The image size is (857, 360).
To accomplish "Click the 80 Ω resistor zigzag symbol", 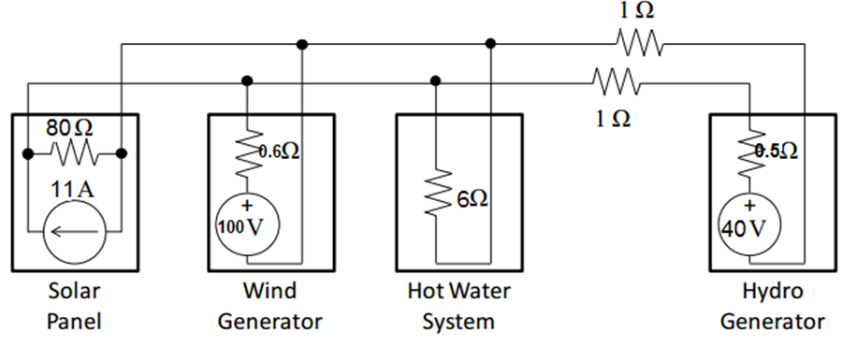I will pyautogui.click(x=74, y=152).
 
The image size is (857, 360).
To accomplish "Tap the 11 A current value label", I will pyautogui.click(x=74, y=188).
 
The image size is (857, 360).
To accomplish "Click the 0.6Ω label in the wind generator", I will pyautogui.click(x=280, y=152).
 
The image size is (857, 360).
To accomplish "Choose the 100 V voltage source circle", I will pyautogui.click(x=247, y=225).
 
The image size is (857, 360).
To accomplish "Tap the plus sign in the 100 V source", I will pyautogui.click(x=247, y=206).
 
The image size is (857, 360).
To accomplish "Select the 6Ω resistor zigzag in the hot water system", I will pyautogui.click(x=436, y=195).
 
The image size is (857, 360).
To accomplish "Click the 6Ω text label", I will pyautogui.click(x=473, y=198).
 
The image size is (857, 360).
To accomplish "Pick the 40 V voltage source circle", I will pyautogui.click(x=748, y=225).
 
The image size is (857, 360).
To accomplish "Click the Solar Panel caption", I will pyautogui.click(x=74, y=306).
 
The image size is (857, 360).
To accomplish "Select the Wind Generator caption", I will pyautogui.click(x=269, y=306).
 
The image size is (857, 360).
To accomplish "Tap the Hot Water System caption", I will pyautogui.click(x=458, y=306).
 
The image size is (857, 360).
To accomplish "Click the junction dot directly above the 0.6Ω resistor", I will pyautogui.click(x=247, y=80).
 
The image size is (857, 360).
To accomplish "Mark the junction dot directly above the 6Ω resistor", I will pyautogui.click(x=436, y=80).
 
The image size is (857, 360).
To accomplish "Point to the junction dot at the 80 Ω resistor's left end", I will pyautogui.click(x=28, y=152).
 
